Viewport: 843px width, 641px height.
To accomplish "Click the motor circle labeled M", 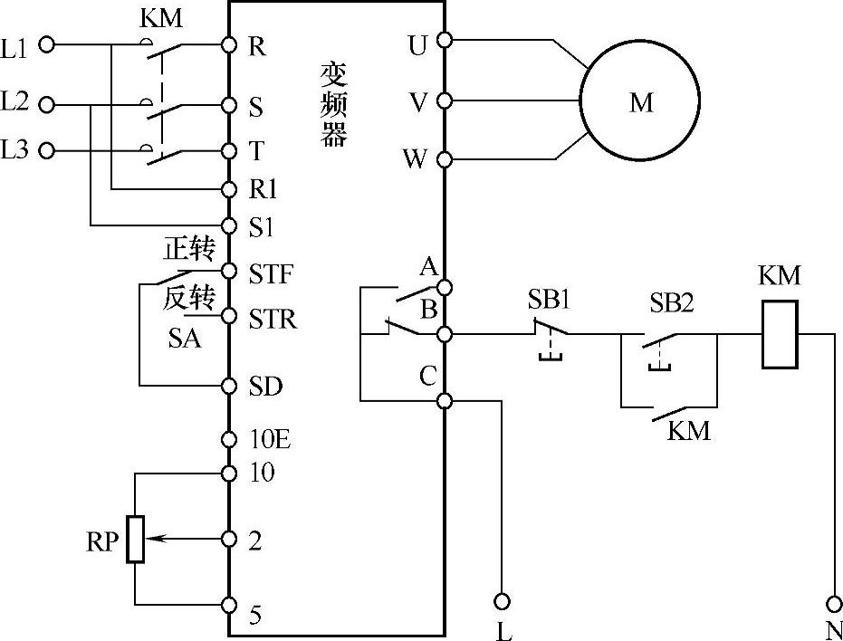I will tap(639, 101).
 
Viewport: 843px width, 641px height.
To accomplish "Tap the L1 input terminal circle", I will tap(48, 44).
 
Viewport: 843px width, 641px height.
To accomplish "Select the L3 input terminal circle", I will tap(48, 150).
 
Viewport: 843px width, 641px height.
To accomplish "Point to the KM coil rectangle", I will tap(780, 334).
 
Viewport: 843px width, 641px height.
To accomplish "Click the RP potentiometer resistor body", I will tap(135, 539).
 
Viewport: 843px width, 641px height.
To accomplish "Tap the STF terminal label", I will tap(271, 273).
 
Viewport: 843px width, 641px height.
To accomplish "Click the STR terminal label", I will tap(272, 320).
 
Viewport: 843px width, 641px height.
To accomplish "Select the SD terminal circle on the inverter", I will tap(229, 386).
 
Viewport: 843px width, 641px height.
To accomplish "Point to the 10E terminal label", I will tap(269, 440).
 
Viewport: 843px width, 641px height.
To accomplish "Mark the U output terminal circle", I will tap(444, 40).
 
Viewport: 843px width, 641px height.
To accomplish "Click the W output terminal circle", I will tap(444, 160).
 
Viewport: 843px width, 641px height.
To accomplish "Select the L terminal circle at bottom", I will tap(502, 601).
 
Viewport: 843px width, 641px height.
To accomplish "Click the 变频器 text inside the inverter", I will tap(334, 104).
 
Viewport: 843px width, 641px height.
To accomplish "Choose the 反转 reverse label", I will tap(187, 299).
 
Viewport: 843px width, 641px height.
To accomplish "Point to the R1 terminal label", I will tap(263, 189).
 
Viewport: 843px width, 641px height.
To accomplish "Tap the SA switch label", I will tap(185, 340).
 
